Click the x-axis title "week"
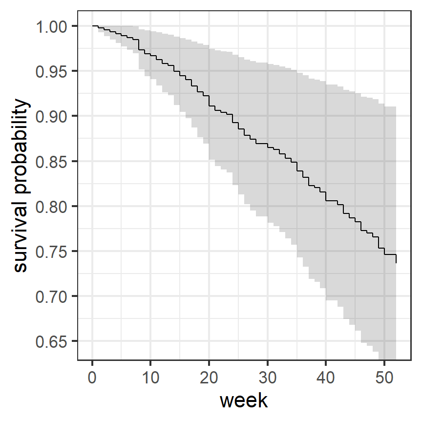click(x=244, y=401)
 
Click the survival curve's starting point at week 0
click(x=92, y=26)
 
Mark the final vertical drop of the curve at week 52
click(x=396, y=259)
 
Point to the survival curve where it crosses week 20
click(x=209, y=101)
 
